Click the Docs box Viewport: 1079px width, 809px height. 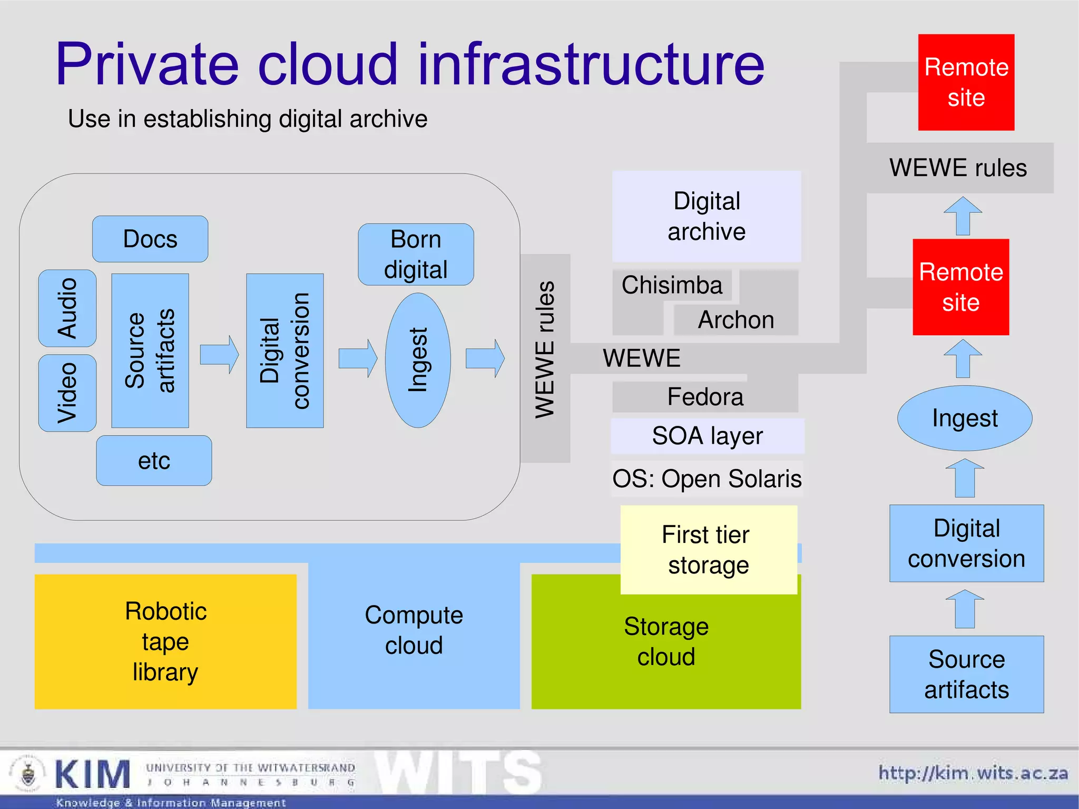(150, 239)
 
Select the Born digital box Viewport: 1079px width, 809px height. (416, 255)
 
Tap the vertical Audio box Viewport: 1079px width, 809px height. (67, 308)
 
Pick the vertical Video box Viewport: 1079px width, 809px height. (67, 393)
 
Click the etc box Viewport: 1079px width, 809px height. (154, 461)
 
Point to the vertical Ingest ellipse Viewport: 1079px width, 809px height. (418, 360)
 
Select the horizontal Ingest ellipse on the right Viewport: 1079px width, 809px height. (965, 418)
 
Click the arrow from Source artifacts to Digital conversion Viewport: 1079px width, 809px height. (219, 355)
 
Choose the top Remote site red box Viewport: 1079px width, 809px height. (966, 83)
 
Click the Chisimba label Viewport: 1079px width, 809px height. (672, 285)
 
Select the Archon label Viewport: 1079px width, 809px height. (736, 320)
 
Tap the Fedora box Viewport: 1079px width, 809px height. (705, 397)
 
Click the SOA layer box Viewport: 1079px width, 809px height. (707, 436)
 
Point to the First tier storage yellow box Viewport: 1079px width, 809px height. (708, 550)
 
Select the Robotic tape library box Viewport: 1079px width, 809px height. (165, 641)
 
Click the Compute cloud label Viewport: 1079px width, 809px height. (414, 630)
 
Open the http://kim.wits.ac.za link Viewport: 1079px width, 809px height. (973, 773)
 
